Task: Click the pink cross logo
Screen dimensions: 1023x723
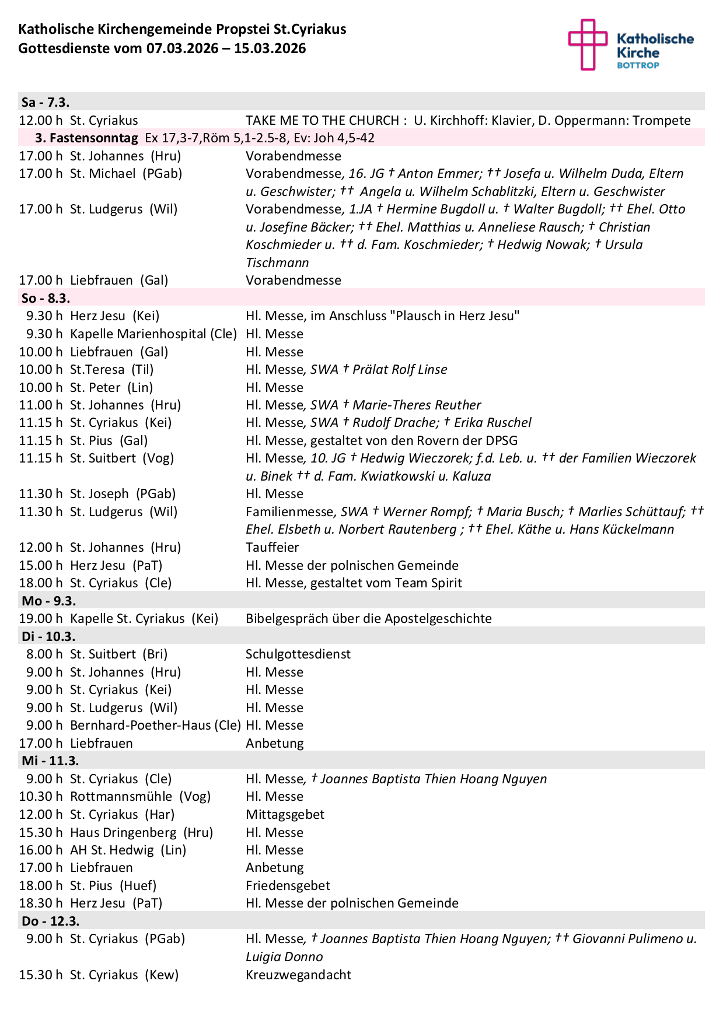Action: click(588, 44)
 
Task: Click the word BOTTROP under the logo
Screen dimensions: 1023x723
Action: click(638, 65)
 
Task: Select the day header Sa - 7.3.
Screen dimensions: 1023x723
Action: click(46, 102)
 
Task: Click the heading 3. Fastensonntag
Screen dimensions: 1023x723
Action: click(86, 138)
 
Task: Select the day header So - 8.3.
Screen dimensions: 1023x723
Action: click(46, 298)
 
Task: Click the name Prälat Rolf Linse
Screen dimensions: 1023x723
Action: click(400, 369)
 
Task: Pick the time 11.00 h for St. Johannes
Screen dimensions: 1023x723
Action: click(40, 405)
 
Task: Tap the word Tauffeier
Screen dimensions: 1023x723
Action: click(272, 547)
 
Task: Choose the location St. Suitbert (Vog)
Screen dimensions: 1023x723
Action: click(122, 458)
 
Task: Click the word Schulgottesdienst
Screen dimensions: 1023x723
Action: click(298, 654)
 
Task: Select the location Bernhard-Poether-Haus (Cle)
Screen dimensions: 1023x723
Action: click(155, 725)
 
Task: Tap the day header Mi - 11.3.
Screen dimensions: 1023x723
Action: click(50, 761)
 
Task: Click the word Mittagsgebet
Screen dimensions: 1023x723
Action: click(285, 814)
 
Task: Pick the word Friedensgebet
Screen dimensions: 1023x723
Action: click(288, 885)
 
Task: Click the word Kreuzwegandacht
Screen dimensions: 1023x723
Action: click(298, 975)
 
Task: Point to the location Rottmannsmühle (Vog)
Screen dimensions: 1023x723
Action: click(140, 796)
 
